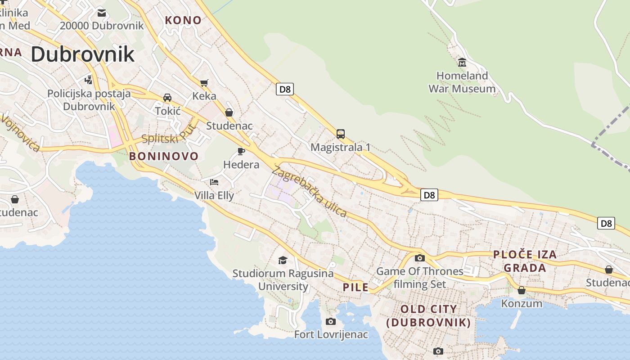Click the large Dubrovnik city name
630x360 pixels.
pyautogui.click(x=83, y=54)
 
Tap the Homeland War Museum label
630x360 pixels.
pyautogui.click(x=462, y=82)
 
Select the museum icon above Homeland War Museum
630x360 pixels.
pyautogui.click(x=462, y=62)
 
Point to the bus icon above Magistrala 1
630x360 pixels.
pyautogui.click(x=341, y=134)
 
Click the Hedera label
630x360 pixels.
pyautogui.click(x=241, y=165)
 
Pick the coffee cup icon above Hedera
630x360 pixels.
pyautogui.click(x=241, y=151)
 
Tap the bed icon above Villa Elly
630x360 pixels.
pyautogui.click(x=214, y=182)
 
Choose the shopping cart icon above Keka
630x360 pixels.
pyautogui.click(x=204, y=83)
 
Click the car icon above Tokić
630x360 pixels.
pyautogui.click(x=167, y=98)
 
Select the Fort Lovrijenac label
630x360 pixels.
pyautogui.click(x=331, y=335)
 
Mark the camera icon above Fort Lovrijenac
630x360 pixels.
pyautogui.click(x=331, y=321)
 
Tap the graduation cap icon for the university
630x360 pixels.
pyautogui.click(x=283, y=260)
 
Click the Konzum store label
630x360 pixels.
pyautogui.click(x=522, y=303)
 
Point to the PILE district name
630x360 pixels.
pyautogui.click(x=355, y=288)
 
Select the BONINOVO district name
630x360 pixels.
pyautogui.click(x=164, y=156)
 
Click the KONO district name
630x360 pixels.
pyautogui.click(x=183, y=20)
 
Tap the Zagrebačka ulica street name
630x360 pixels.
pyautogui.click(x=310, y=192)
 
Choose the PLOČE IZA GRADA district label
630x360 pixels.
pyautogui.click(x=525, y=261)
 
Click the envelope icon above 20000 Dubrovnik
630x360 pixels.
pyautogui.click(x=102, y=13)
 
